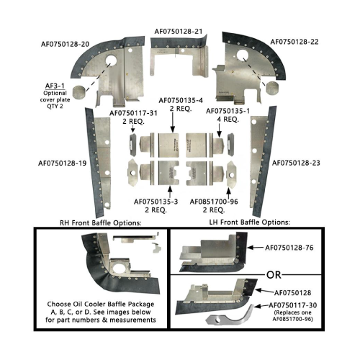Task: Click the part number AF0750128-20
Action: [x=65, y=44]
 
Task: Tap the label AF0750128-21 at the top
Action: [x=179, y=32]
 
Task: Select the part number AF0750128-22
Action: [x=294, y=42]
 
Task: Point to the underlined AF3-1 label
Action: [x=55, y=86]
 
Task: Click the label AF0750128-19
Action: [x=63, y=163]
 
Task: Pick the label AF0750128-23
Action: [x=296, y=163]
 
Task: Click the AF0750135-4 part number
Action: [x=181, y=100]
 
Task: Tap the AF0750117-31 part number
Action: [x=133, y=113]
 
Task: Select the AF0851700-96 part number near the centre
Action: [x=214, y=202]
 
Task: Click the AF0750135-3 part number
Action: [x=156, y=202]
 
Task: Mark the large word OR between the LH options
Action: [x=274, y=275]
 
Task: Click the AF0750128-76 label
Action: [x=289, y=248]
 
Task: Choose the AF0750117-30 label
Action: [x=293, y=305]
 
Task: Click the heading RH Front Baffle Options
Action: [x=101, y=223]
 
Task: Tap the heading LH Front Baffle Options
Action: [x=250, y=222]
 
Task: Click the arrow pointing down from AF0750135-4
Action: [x=173, y=122]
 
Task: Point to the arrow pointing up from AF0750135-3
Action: [x=170, y=192]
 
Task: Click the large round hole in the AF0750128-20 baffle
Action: [x=110, y=60]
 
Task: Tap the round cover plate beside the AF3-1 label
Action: [x=79, y=91]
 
